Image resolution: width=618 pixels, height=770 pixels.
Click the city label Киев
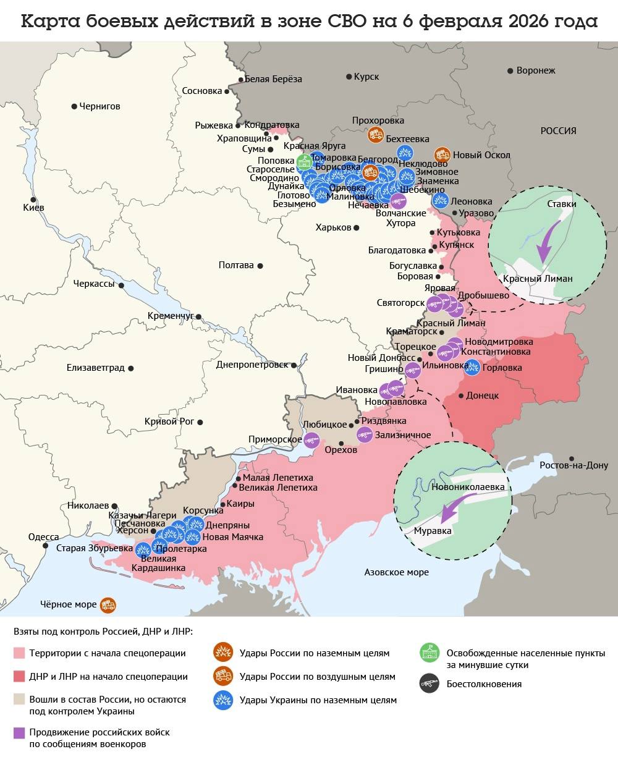pos(33,208)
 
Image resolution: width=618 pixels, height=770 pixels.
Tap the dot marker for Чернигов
pos(74,106)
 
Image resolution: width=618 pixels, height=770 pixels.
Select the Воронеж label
pos(535,70)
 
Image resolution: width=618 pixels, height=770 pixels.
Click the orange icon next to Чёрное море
pos(108,605)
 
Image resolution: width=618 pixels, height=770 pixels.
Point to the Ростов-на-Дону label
pos(574,465)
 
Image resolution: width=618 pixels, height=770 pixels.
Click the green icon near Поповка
pos(304,162)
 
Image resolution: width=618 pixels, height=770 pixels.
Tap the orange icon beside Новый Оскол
pos(442,154)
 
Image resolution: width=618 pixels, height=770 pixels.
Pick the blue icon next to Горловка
pos(472,368)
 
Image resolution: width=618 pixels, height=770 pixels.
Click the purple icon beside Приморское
pos(311,440)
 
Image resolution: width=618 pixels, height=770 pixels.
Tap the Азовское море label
pos(396,572)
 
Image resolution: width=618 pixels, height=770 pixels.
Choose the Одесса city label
pos(44,537)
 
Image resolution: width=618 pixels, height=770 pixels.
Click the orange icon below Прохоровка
pos(375,134)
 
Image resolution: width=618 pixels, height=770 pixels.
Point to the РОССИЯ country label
pos(558,131)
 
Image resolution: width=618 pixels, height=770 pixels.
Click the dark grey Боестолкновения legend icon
pos(429,684)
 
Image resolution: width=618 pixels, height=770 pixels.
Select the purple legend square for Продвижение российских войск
pos(19,732)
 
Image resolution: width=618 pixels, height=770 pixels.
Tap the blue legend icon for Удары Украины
pos(222,700)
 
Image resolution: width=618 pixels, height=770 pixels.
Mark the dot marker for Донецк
pos(461,396)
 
